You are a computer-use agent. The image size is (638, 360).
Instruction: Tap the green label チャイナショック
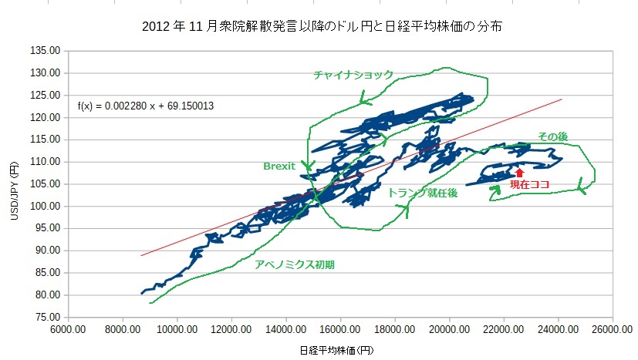(x=353, y=75)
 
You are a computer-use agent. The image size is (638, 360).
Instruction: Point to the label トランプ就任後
(x=423, y=193)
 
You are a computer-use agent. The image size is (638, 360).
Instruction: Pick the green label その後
(x=552, y=136)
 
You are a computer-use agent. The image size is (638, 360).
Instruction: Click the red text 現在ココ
(x=529, y=186)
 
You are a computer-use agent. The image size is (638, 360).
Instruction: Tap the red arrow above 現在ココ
(x=519, y=173)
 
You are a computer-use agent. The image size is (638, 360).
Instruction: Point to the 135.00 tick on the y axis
(x=46, y=51)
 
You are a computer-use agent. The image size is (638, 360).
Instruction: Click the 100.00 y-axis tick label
(x=46, y=207)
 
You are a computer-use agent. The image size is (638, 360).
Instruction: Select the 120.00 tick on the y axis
(x=46, y=118)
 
